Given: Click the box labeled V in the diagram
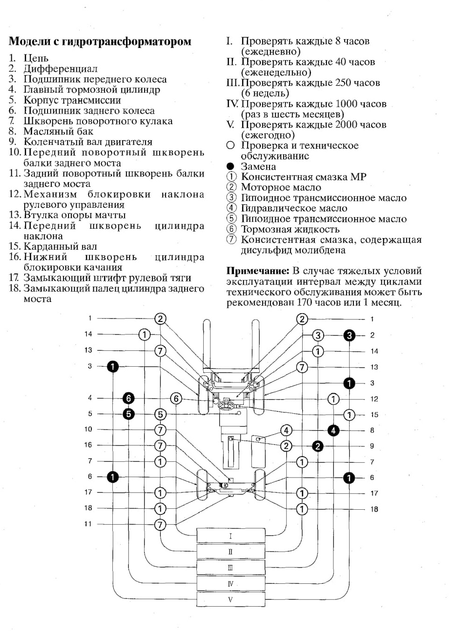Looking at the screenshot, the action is coord(231,599).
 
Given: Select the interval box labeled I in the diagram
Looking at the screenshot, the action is coord(231,536).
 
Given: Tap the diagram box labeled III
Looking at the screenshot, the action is coord(231,568).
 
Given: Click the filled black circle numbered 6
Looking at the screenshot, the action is coord(128,399).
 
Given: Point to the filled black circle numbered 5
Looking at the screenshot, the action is coord(128,414).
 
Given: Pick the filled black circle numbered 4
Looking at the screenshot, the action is coord(333,431).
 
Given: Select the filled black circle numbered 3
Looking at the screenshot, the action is coord(349,335).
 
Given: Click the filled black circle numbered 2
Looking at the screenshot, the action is coord(318,446).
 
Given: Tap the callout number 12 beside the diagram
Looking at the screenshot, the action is coord(374,399).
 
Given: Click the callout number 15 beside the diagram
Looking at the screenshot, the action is coord(374,415).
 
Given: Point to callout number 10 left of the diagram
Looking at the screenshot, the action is coord(88,429).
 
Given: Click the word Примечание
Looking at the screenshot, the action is coord(258,271).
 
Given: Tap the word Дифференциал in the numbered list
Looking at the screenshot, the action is coord(60,68).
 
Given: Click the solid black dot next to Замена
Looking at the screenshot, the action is coord(230,166).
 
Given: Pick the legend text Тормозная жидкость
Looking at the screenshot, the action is coord(290,229).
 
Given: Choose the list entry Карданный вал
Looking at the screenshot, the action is coord(60,246).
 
